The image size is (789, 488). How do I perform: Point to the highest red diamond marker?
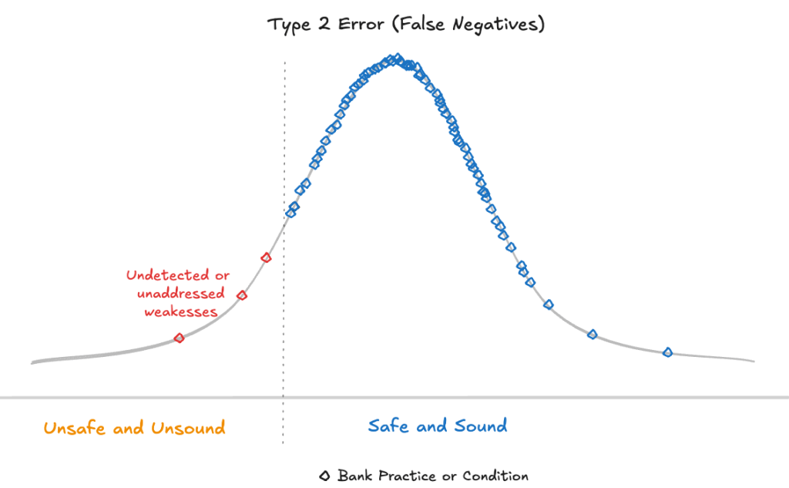(x=267, y=257)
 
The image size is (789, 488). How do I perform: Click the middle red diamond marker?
(x=242, y=295)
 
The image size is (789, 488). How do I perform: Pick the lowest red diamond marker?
(x=180, y=338)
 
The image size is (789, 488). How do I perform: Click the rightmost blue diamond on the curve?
(x=668, y=352)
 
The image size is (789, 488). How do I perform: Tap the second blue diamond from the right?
(x=593, y=334)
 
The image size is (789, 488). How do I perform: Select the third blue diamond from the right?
(x=549, y=305)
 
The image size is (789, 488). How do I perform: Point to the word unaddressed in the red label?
(x=181, y=294)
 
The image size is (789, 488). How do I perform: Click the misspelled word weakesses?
(x=181, y=311)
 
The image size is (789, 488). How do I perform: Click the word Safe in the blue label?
(x=388, y=426)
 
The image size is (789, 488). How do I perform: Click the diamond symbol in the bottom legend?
(x=325, y=476)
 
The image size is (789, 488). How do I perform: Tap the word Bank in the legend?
(x=355, y=476)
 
